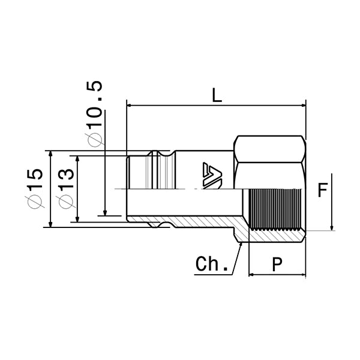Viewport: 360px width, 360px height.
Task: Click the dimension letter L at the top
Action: [x=217, y=95]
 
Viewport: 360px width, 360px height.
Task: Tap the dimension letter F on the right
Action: [x=322, y=191]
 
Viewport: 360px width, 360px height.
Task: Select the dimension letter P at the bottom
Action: [x=277, y=265]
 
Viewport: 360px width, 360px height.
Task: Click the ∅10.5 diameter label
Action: [x=95, y=113]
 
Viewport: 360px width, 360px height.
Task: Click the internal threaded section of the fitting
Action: [x=276, y=209]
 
